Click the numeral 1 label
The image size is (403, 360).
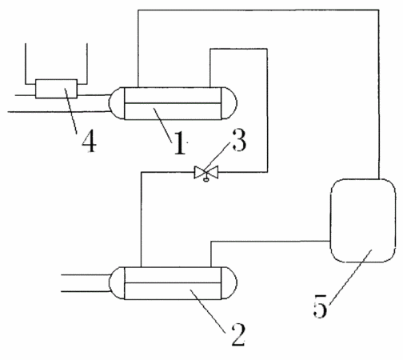pyautogui.click(x=180, y=142)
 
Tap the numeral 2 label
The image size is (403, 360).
pyautogui.click(x=238, y=334)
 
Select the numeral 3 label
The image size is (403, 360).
pyautogui.click(x=239, y=140)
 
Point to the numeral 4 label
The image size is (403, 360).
pyautogui.click(x=89, y=142)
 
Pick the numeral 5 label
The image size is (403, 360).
pyautogui.click(x=320, y=306)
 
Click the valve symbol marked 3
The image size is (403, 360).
pyautogui.click(x=206, y=172)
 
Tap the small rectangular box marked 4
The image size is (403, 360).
pyautogui.click(x=57, y=89)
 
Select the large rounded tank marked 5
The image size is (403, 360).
pyautogui.click(x=363, y=221)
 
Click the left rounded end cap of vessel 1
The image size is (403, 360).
pyautogui.click(x=117, y=103)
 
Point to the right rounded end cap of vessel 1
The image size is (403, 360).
pyautogui.click(x=229, y=103)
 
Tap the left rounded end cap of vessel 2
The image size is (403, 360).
pyautogui.click(x=117, y=283)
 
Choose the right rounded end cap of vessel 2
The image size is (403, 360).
pyautogui.click(x=229, y=283)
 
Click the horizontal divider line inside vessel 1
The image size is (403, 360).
pyautogui.click(x=173, y=103)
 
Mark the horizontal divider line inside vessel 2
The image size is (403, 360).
pyautogui.click(x=173, y=282)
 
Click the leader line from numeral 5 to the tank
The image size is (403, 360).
pyautogui.click(x=351, y=277)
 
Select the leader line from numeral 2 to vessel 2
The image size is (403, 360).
pyautogui.click(x=208, y=311)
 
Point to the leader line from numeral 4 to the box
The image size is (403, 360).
pyautogui.click(x=71, y=111)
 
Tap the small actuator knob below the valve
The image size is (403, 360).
pyautogui.click(x=205, y=180)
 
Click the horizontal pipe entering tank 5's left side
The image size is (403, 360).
pyautogui.click(x=270, y=242)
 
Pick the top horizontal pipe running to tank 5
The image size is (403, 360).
pyautogui.click(x=258, y=10)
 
